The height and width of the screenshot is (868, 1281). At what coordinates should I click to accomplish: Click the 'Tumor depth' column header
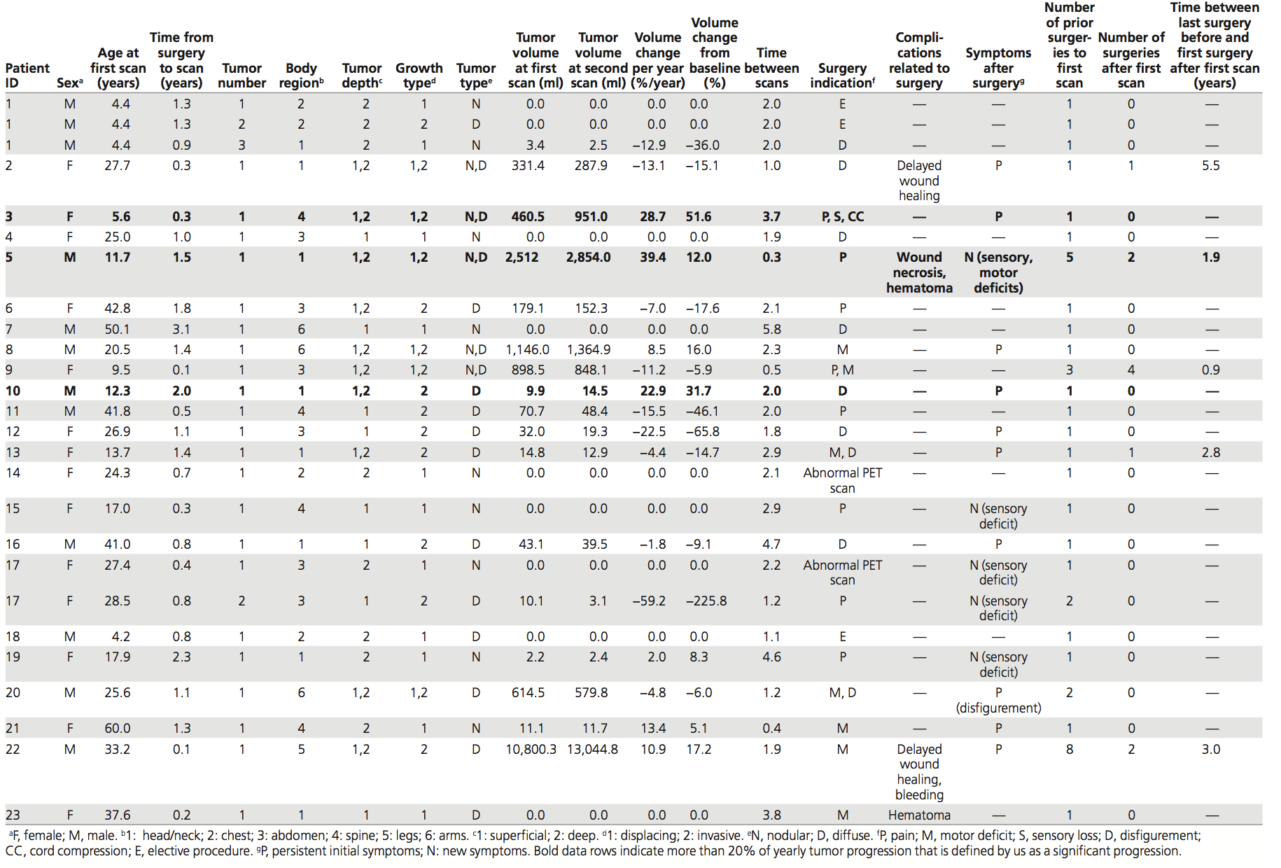coord(362,76)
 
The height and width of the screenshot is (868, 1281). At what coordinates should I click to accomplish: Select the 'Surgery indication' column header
coord(843,76)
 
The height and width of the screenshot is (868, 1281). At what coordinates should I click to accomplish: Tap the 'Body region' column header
coord(301,76)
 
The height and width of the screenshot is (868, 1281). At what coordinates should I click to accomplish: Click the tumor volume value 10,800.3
coord(531,750)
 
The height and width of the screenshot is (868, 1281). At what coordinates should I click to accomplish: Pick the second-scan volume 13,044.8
coord(592,750)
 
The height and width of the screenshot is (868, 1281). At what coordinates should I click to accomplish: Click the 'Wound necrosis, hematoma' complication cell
coord(920,273)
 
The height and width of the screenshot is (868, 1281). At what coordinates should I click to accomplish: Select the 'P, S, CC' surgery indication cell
coord(843,217)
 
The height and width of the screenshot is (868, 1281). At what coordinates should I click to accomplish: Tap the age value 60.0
coord(118,729)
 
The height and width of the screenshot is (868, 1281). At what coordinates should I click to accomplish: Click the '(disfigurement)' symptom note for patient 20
coord(999,708)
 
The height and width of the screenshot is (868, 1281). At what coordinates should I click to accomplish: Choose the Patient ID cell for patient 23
coord(13,815)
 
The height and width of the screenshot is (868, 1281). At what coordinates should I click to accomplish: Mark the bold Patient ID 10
coord(13,391)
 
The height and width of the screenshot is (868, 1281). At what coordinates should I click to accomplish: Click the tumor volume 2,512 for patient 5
coord(522,258)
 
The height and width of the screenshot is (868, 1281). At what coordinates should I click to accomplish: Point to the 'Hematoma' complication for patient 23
coord(920,815)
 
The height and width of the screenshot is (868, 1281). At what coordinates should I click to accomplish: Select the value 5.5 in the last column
coord(1211,166)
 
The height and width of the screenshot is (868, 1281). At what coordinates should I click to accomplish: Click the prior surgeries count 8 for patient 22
coord(1070,750)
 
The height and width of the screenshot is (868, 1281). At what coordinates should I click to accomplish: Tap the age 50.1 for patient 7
coord(118,330)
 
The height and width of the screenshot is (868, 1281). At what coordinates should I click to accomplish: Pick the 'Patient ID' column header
coord(27,76)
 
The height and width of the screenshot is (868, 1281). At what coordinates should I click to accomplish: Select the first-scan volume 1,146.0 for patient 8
coord(528,350)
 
